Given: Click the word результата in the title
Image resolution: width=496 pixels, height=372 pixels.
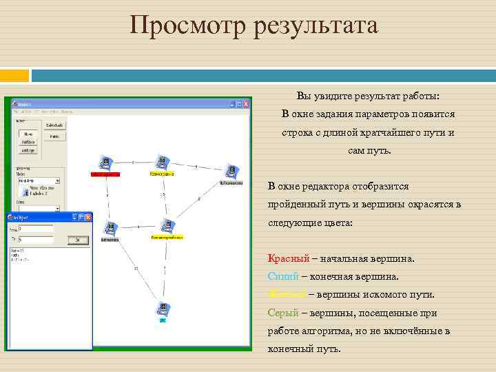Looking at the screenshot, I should click(316, 26).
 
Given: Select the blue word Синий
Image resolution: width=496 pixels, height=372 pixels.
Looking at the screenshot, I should click(283, 277).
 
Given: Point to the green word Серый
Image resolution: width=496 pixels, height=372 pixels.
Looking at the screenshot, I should click(282, 313).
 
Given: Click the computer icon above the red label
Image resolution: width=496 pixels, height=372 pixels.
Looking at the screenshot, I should click(105, 163).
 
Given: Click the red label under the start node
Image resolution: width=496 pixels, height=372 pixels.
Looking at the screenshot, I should click(105, 174).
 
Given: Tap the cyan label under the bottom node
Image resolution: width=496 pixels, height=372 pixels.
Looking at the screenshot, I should click(163, 320).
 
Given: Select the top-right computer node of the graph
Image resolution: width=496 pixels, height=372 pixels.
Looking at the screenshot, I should click(231, 172).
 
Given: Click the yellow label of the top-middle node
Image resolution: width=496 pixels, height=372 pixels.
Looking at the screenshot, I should click(162, 174).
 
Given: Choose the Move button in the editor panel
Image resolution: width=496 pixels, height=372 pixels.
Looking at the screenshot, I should click(29, 134).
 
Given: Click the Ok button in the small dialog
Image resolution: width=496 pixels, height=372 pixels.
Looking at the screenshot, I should click(78, 240).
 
